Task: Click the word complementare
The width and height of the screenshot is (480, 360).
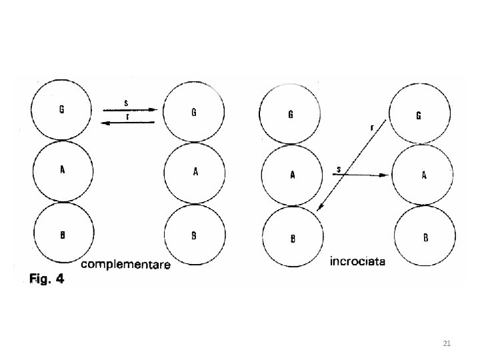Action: (x=125, y=265)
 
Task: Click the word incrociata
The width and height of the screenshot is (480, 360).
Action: (x=357, y=262)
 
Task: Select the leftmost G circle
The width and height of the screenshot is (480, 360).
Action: (x=61, y=109)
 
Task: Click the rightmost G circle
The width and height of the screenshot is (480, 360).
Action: (x=418, y=115)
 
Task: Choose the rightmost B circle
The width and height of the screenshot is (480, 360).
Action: (x=425, y=237)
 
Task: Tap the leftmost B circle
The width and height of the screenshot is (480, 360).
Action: (x=61, y=233)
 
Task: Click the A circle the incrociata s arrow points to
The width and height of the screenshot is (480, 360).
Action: (x=424, y=175)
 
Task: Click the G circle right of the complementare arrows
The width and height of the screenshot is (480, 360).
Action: (x=194, y=111)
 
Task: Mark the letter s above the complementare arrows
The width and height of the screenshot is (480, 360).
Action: (x=127, y=102)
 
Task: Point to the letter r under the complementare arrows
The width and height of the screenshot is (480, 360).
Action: (x=127, y=115)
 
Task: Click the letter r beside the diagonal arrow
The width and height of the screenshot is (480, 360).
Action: (x=371, y=127)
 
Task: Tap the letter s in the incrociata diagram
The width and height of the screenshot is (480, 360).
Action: (x=339, y=169)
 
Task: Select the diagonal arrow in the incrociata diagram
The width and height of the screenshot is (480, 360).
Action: (x=352, y=165)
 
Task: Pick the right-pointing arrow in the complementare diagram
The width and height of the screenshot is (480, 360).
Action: (x=129, y=109)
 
